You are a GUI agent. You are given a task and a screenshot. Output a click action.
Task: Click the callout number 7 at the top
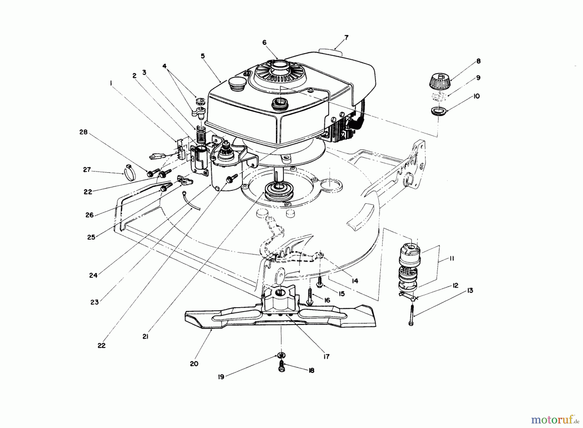[x=346, y=38]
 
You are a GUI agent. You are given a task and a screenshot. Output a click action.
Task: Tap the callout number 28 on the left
[x=84, y=132]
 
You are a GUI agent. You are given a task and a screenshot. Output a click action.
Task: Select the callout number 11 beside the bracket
[x=452, y=258]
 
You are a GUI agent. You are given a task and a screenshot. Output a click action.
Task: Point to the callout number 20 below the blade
[x=194, y=364]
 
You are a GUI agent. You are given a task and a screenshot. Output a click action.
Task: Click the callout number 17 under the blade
[x=326, y=356]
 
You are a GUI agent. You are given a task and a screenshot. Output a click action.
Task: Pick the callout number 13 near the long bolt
[x=470, y=290]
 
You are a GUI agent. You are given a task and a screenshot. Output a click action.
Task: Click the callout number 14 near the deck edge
[x=355, y=281]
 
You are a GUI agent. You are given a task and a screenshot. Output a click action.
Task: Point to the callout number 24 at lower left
[x=93, y=276]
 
